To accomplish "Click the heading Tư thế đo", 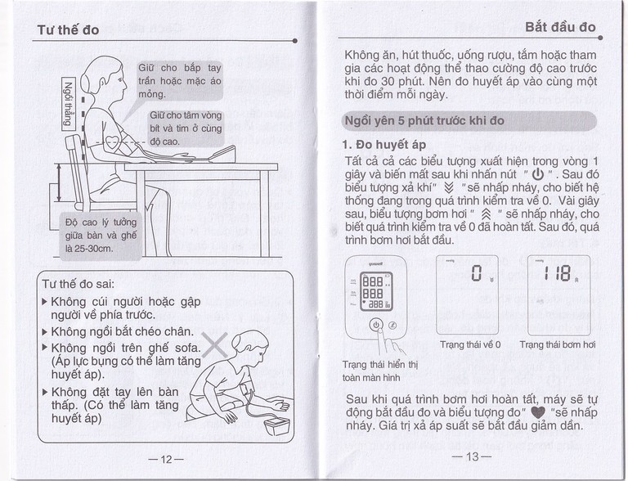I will [x=69, y=30].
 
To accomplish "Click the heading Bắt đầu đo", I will [x=560, y=26].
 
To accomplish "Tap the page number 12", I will [x=166, y=459].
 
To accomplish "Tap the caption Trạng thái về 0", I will [x=470, y=344].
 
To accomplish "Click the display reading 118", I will [x=554, y=274].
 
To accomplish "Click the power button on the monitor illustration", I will [x=375, y=324].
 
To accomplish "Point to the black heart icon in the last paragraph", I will [x=536, y=412].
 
